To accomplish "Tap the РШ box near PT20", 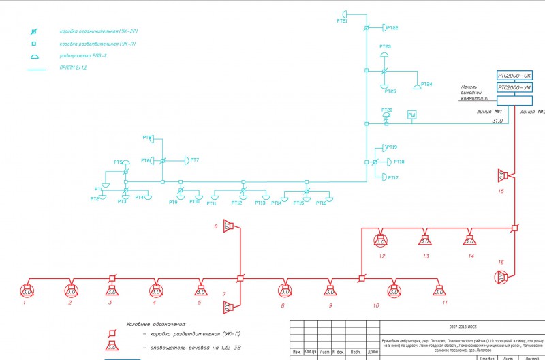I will point(411,116).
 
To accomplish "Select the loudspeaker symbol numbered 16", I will point(502,277).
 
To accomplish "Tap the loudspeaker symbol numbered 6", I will point(230,226).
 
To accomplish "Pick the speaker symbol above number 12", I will point(381,239).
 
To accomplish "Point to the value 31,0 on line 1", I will point(497,121).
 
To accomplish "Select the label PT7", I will point(194,160).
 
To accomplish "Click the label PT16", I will point(321,202).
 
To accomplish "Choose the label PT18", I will point(399,162).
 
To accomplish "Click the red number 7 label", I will point(224,294).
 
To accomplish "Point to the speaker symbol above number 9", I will point(330,291).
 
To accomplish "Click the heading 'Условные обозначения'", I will point(156,324).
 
